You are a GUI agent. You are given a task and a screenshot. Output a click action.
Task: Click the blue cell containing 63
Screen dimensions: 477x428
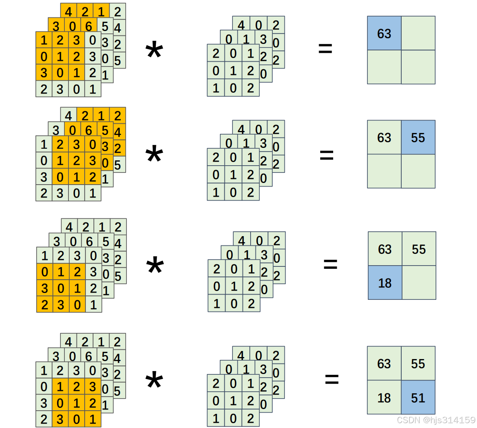(384, 33)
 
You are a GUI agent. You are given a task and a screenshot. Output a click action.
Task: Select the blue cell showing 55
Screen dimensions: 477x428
(418, 137)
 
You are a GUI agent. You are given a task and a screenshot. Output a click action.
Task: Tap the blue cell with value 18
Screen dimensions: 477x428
(385, 283)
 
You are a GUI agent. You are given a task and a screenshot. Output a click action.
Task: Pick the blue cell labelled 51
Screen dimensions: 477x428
(418, 398)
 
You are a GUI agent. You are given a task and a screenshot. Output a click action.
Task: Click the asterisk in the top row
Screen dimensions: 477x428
(154, 52)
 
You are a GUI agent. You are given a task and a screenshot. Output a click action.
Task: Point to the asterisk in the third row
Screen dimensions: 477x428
(155, 266)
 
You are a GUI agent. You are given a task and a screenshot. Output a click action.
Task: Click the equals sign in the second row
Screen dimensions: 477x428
(326, 155)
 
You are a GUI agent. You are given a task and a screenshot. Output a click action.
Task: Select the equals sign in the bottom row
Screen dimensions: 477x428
(332, 378)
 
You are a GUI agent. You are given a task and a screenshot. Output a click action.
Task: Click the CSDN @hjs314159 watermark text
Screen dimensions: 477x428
(436, 420)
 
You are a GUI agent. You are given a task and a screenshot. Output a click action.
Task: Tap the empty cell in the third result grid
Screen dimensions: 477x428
(419, 283)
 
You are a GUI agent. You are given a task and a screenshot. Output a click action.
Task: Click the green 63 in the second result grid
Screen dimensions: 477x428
(384, 137)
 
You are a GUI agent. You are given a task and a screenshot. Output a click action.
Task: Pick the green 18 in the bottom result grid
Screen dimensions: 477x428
(384, 398)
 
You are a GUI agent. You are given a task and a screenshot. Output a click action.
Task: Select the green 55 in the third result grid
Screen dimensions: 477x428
(419, 249)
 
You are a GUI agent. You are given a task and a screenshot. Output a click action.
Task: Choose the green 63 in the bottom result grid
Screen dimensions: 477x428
(384, 364)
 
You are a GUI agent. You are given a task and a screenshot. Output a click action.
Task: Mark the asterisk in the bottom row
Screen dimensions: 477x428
(154, 381)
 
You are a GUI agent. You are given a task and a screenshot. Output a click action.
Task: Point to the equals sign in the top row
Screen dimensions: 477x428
(325, 49)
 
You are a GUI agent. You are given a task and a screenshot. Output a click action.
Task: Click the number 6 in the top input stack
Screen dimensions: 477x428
(89, 26)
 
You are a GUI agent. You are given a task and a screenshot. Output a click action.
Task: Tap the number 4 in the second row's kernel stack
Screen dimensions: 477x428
(241, 129)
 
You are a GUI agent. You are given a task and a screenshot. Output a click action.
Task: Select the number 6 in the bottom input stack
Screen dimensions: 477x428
(89, 356)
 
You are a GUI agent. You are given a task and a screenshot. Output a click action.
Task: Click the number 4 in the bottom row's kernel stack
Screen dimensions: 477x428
(241, 355)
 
